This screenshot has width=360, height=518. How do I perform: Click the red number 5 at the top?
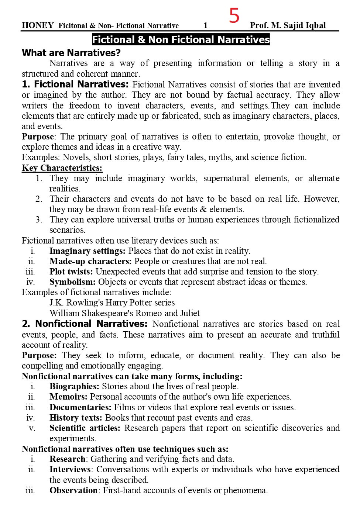point(234,15)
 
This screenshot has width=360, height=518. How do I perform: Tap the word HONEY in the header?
point(38,25)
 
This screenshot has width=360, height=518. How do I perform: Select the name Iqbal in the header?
point(315,25)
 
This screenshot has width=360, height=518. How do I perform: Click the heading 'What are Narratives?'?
point(71,53)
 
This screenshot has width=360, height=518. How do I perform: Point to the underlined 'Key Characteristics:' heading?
point(62,168)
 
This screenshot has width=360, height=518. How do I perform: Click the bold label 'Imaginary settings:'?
point(88,251)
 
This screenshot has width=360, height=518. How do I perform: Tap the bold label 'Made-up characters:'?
point(90,261)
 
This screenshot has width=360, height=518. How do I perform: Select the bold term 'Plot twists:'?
point(71,272)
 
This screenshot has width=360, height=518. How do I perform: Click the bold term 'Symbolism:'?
point(72,282)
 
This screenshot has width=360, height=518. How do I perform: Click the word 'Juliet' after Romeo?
point(190,313)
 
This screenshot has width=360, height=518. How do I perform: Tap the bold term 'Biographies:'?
point(74,386)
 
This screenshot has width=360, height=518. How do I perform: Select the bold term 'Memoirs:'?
point(68,397)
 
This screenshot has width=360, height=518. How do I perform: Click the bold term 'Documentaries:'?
point(80,407)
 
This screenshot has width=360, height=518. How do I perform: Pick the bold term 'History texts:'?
point(76,418)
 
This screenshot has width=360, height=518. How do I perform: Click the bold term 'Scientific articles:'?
point(85,428)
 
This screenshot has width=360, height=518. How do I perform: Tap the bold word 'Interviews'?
point(70,469)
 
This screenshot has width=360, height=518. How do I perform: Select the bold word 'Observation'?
point(73,490)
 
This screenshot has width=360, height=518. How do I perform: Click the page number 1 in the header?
point(206,25)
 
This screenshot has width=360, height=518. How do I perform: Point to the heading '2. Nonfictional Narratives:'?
point(85,324)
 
